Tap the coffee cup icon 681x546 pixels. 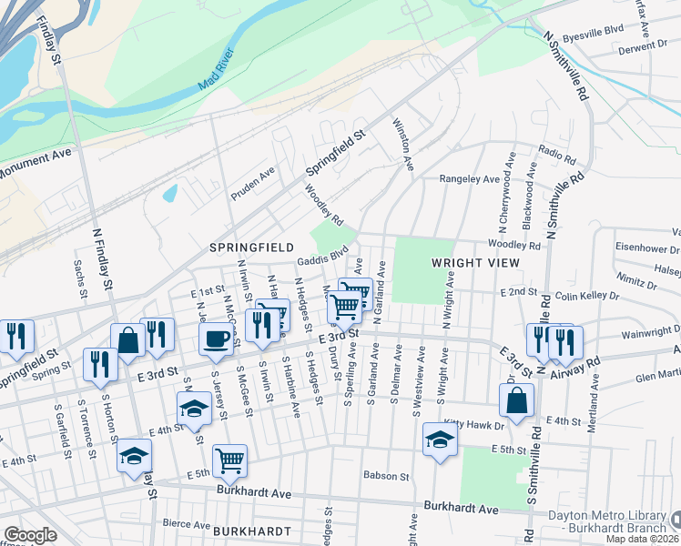click(x=216, y=339)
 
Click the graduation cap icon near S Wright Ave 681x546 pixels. click(x=440, y=440)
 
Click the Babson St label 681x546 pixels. click(x=386, y=475)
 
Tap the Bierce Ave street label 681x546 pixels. click(x=187, y=523)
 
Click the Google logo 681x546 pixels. click(x=30, y=535)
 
